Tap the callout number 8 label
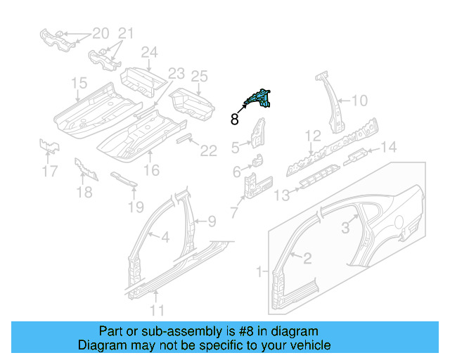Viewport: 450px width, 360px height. pyautogui.click(x=235, y=120)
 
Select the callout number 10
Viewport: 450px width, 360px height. pyautogui.click(x=359, y=101)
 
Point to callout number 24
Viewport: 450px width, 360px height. pyautogui.click(x=149, y=52)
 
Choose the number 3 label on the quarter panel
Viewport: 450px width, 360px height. pyautogui.click(x=345, y=226)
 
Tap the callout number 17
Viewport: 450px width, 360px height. pyautogui.click(x=49, y=170)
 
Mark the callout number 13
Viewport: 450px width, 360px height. pyautogui.click(x=281, y=195)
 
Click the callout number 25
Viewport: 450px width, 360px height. pyautogui.click(x=200, y=76)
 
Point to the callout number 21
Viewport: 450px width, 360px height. pyautogui.click(x=124, y=33)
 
